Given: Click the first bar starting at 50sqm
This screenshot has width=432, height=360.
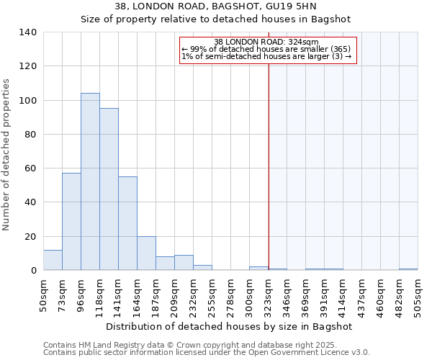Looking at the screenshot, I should click(53, 260).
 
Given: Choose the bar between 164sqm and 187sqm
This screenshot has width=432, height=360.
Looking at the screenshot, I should click(146, 253).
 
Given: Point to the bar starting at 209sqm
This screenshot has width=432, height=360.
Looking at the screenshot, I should click(184, 263).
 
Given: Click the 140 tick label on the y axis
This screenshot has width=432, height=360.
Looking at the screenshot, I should click(28, 32).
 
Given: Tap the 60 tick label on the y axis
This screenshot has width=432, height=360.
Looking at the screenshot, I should click(31, 168).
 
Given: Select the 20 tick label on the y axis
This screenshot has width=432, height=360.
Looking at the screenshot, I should click(31, 236).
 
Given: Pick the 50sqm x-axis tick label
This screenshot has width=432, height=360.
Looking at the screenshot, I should click(43, 295).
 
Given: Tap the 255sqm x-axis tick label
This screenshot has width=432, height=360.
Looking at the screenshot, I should click(212, 295).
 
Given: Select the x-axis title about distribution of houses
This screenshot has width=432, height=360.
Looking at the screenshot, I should click(228, 326).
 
